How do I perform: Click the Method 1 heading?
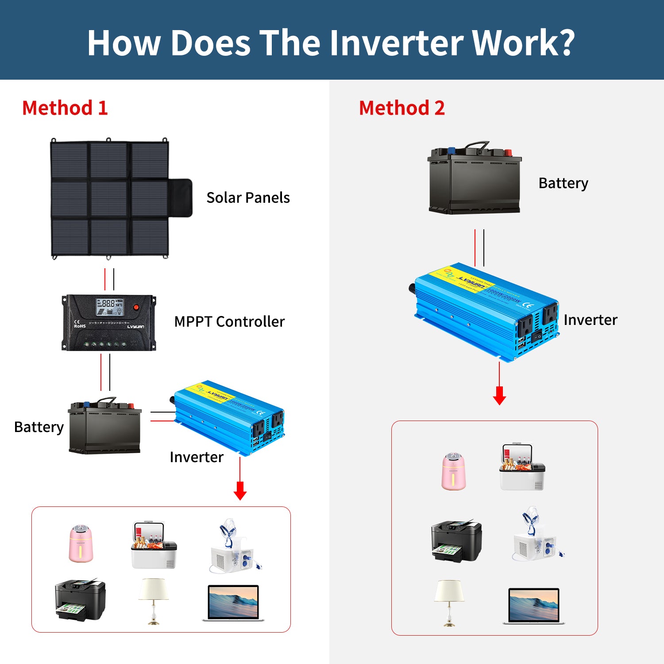(65, 108)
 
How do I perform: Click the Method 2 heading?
(401, 108)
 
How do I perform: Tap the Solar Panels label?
(248, 197)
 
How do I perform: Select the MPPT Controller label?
(229, 321)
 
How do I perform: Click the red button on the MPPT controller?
(136, 307)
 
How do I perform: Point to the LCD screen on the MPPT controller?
(110, 306)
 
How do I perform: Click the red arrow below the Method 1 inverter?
(240, 489)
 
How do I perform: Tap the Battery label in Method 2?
(563, 183)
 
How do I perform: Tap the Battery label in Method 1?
(39, 427)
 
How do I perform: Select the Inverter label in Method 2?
(590, 320)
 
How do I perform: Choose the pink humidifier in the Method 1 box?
(81, 544)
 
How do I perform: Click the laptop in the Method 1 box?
(233, 603)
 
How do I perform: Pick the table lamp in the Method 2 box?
(449, 602)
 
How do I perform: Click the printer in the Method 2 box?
(456, 541)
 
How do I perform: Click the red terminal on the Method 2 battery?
(507, 152)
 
